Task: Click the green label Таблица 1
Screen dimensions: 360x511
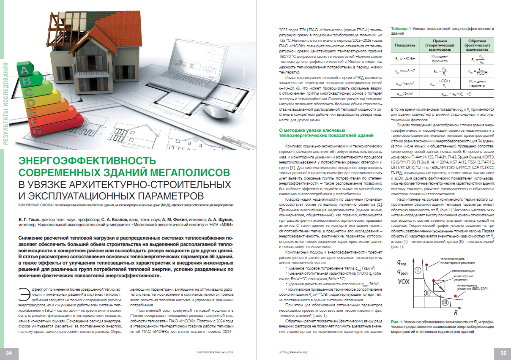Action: (x=402, y=29)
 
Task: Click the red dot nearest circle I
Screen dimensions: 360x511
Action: (x=428, y=265)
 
